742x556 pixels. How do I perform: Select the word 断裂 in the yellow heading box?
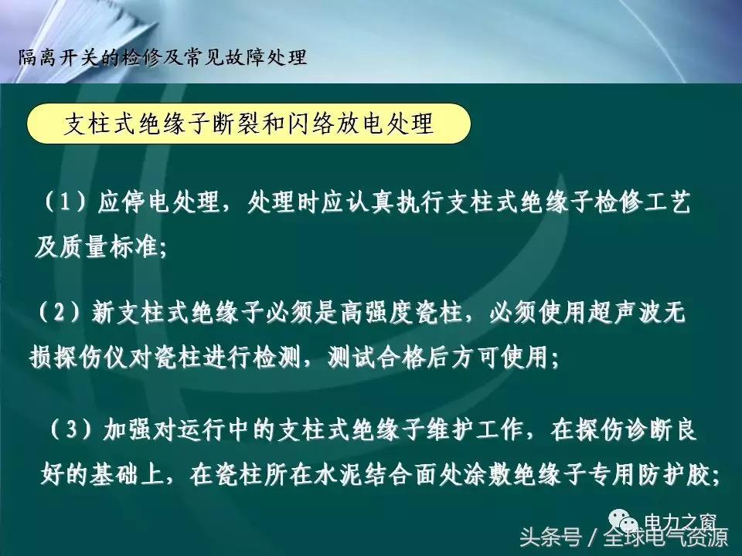275,124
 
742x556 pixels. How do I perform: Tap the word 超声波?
626,314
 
